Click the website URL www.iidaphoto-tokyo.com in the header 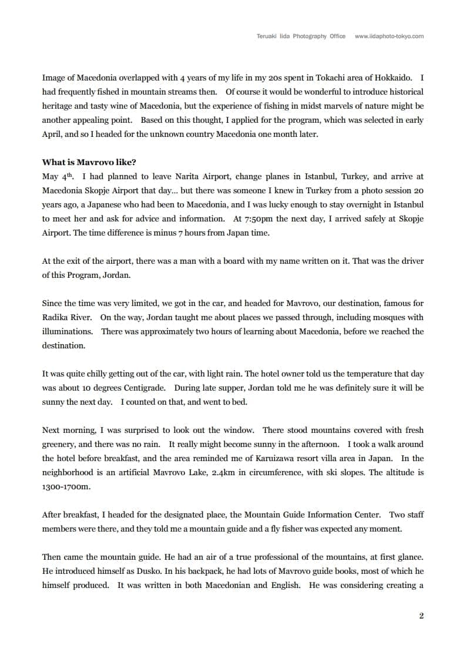(389, 36)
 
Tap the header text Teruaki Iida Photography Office (301, 36)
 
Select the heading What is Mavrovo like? (89, 162)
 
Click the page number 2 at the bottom (421, 616)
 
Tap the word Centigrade (140, 388)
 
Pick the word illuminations (67, 331)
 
